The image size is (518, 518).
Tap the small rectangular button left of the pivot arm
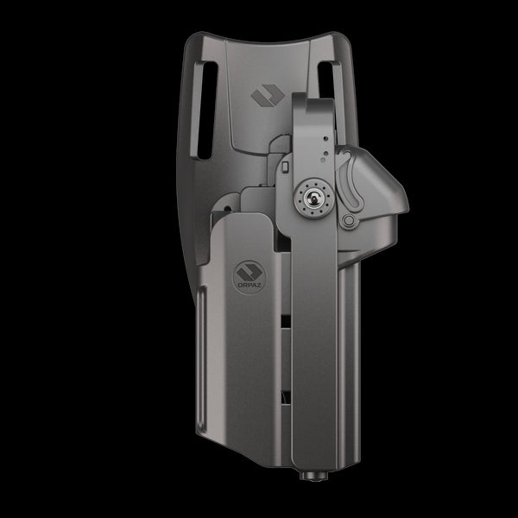282,166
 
